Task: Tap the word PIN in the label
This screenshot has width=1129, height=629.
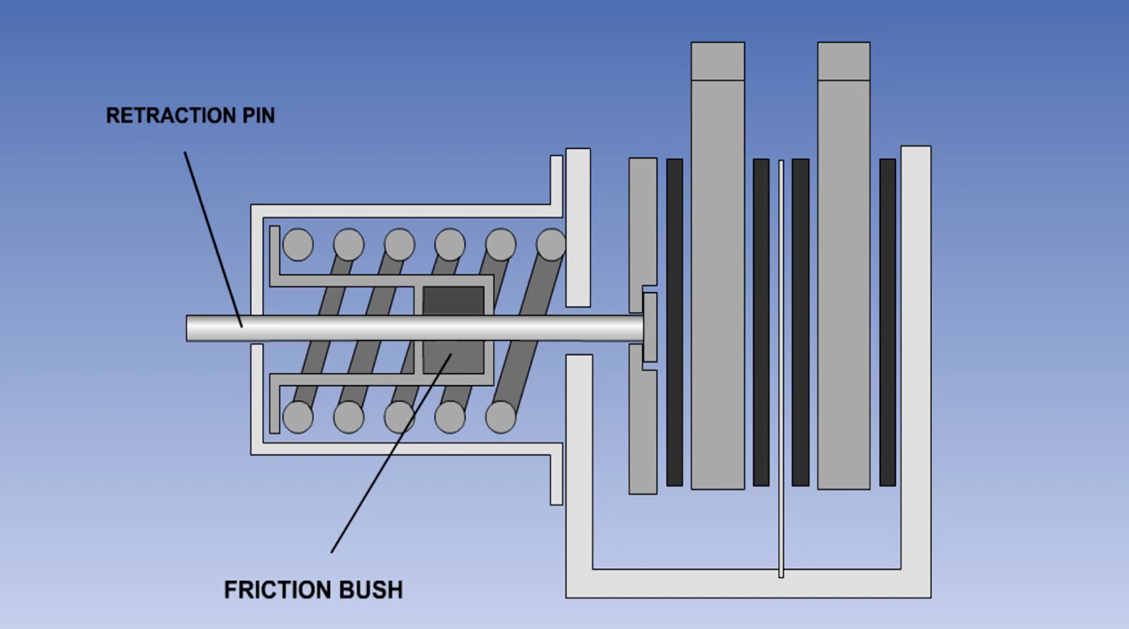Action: tap(259, 116)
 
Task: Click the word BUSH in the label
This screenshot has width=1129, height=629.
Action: tap(370, 590)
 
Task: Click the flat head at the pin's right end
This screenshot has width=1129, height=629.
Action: tap(650, 327)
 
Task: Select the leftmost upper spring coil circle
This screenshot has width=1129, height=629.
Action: tap(298, 245)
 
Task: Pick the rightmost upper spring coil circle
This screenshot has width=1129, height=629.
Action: tap(551, 245)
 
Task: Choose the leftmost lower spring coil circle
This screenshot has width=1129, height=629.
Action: tap(298, 417)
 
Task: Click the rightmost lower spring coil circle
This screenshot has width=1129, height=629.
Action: tap(500, 417)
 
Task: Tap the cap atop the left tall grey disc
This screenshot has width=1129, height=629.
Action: tap(717, 61)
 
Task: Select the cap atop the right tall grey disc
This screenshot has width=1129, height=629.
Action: tap(843, 61)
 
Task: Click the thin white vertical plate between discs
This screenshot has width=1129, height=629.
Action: tap(781, 365)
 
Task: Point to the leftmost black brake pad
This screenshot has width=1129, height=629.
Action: tap(674, 322)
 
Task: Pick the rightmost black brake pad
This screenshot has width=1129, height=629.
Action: tap(887, 322)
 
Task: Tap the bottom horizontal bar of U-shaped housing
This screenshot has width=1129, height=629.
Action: tap(748, 583)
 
